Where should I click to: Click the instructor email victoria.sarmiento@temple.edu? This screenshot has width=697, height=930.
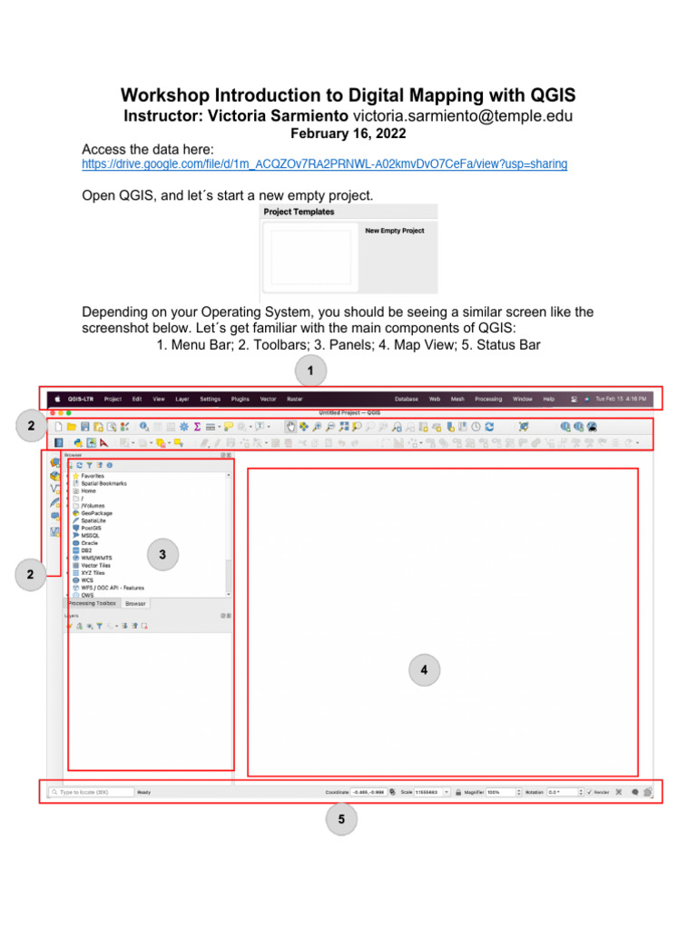[463, 116]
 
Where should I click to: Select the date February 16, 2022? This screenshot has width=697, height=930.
[348, 133]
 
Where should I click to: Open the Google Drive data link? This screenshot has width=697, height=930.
[324, 164]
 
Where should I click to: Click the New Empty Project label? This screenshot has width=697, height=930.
[395, 231]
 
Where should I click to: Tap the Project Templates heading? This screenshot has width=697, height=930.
[299, 212]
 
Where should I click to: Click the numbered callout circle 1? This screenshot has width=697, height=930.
[310, 371]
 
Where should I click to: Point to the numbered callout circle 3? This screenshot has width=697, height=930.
[162, 554]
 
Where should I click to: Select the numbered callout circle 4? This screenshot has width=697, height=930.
[424, 670]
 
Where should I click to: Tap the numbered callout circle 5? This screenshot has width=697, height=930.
[341, 819]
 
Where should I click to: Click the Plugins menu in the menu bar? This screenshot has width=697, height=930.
[240, 399]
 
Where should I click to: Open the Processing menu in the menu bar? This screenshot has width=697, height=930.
[488, 399]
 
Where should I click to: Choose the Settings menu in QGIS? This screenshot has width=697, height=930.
[211, 399]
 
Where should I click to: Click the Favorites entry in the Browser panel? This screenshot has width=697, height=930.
[92, 476]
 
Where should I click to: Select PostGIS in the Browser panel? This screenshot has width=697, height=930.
[91, 528]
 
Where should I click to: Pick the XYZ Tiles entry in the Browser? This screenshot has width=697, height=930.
[93, 572]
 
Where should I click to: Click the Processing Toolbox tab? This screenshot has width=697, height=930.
[92, 603]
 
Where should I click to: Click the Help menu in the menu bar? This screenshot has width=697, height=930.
[548, 399]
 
